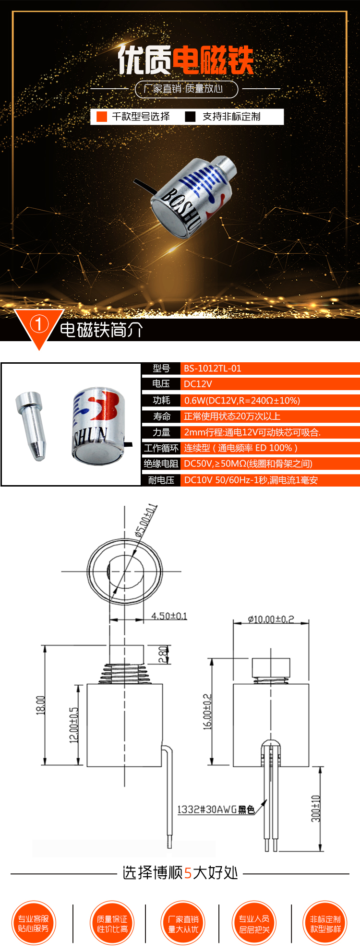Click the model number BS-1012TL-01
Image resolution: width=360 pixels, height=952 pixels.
pyautogui.click(x=212, y=369)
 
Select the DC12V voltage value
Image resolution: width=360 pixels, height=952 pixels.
pyautogui.click(x=198, y=384)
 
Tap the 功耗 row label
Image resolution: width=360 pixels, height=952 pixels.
pyautogui.click(x=161, y=400)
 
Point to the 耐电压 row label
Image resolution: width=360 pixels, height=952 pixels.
pyautogui.click(x=161, y=480)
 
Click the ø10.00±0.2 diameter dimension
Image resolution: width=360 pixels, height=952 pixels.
pyautogui.click(x=271, y=619)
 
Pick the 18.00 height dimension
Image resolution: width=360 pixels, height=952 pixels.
pyautogui.click(x=41, y=705)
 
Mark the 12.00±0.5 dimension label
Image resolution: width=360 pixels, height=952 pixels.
pyautogui.click(x=74, y=725)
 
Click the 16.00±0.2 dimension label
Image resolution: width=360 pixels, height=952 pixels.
pyautogui.click(x=207, y=712)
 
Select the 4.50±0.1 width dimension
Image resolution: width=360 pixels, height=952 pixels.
pyautogui.click(x=169, y=616)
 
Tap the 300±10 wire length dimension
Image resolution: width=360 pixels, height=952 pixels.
pyautogui.click(x=315, y=809)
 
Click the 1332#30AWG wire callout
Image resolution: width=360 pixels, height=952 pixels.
pyautogui.click(x=216, y=809)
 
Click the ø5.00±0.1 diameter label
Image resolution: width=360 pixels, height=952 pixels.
pyautogui.click(x=146, y=520)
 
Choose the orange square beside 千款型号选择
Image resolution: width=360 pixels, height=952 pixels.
pyautogui.click(x=102, y=117)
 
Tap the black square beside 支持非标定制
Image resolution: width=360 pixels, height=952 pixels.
pyautogui.click(x=190, y=117)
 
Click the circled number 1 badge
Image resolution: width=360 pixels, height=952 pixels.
pyautogui.click(x=39, y=325)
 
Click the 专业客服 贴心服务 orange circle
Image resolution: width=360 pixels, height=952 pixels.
pyautogui.click(x=34, y=923)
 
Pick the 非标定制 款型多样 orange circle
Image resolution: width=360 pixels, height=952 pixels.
pyautogui.click(x=325, y=923)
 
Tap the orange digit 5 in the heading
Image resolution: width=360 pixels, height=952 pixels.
pyautogui.click(x=188, y=873)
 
